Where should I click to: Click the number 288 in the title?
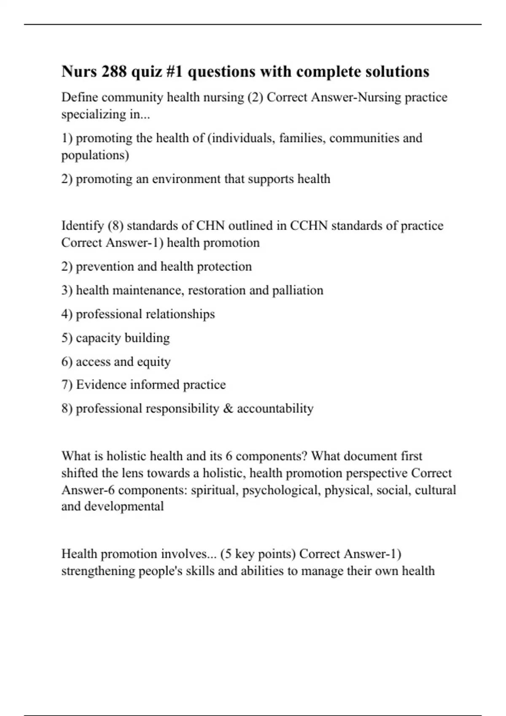click(113, 72)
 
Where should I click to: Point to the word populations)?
click(95, 155)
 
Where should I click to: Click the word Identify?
click(83, 226)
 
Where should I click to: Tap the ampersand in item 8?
click(228, 409)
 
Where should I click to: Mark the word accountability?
click(275, 409)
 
